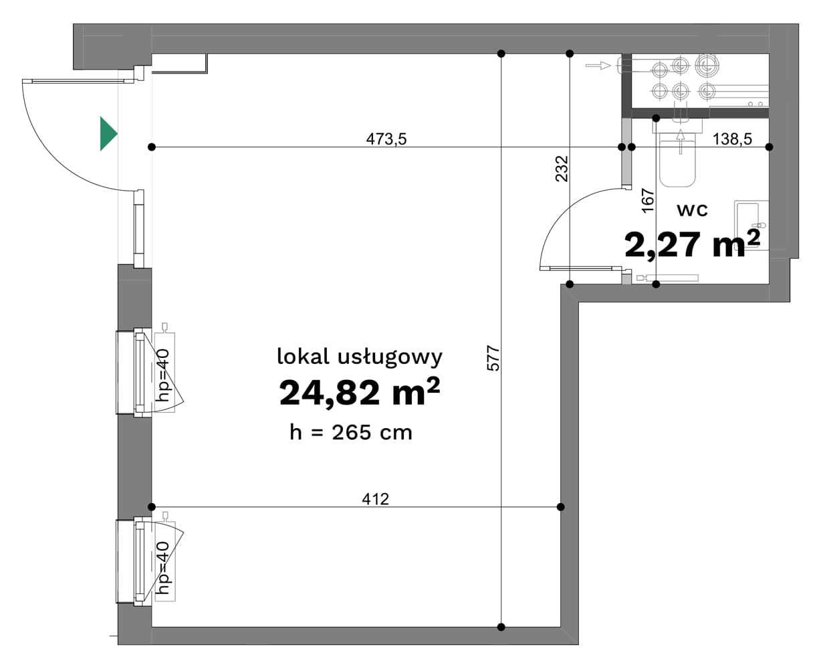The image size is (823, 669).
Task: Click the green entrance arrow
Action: pyautogui.click(x=108, y=133)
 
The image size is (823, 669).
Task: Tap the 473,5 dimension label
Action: pyautogui.click(x=386, y=139)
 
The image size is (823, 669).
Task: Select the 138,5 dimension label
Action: pyautogui.click(x=732, y=139)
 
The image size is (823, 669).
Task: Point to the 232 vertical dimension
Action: pyautogui.click(x=562, y=169)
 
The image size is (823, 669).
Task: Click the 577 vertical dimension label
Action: pyautogui.click(x=493, y=359)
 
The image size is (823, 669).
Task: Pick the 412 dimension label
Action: pyautogui.click(x=375, y=499)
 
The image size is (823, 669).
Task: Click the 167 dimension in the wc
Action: pyautogui.click(x=648, y=200)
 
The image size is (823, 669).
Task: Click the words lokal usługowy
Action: pyautogui.click(x=360, y=357)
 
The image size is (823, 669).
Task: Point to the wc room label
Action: pyautogui.click(x=693, y=210)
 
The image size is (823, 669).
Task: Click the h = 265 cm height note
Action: pyautogui.click(x=351, y=432)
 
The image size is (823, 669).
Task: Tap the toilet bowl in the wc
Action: pyautogui.click(x=677, y=163)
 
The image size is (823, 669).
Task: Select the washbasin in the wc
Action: pyautogui.click(x=751, y=225)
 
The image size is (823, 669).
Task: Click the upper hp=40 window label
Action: pyautogui.click(x=162, y=375)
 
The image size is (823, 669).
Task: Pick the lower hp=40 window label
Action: pyautogui.click(x=162, y=567)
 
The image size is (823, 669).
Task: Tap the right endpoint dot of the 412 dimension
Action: pyautogui.click(x=561, y=507)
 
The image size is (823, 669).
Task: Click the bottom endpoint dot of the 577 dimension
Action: pyautogui.click(x=501, y=627)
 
